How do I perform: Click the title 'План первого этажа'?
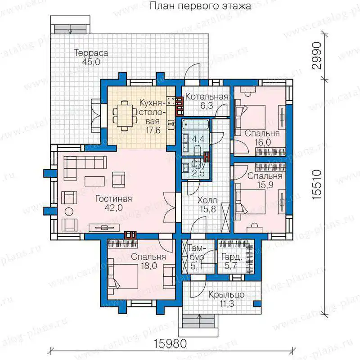pyautogui.click(x=200, y=6)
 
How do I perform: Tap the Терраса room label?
pyautogui.click(x=91, y=53)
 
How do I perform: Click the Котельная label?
pyautogui.click(x=207, y=97)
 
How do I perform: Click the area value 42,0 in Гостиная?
pyautogui.click(x=114, y=208)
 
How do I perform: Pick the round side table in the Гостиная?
pyautogui.click(x=69, y=211)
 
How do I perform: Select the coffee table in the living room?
pyautogui.click(x=95, y=181)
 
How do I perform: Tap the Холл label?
pyautogui.click(x=207, y=200)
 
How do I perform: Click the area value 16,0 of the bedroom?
pyautogui.click(x=263, y=142)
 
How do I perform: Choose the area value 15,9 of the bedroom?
pyautogui.click(x=265, y=185)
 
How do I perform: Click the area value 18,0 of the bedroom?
pyautogui.click(x=149, y=266)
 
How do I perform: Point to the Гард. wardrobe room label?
pyautogui.click(x=231, y=257)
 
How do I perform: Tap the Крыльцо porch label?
pyautogui.click(x=226, y=295)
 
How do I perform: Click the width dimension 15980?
pyautogui.click(x=170, y=344)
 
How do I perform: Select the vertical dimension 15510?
pyautogui.click(x=317, y=185)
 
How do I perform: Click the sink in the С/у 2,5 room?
pyautogui.click(x=185, y=167)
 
